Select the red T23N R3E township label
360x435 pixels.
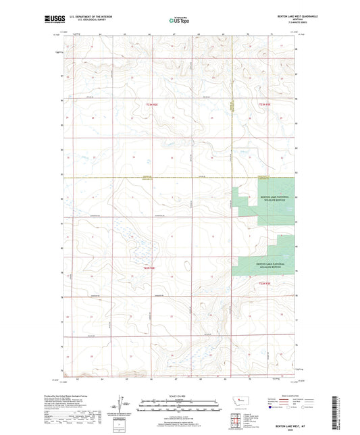(265, 105)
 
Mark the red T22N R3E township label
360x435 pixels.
(265, 284)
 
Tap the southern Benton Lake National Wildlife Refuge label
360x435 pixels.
(263, 264)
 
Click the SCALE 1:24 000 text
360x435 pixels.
(179, 396)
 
